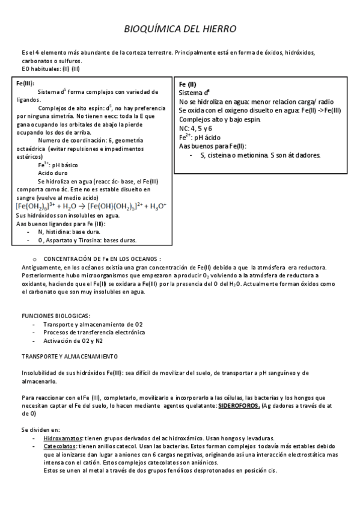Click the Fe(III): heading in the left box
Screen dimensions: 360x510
25,83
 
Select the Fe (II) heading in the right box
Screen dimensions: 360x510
188,84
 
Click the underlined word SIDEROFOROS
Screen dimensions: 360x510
239,406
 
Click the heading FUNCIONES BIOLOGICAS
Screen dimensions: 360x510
56,316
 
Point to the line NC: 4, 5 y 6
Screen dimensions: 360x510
196,129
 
